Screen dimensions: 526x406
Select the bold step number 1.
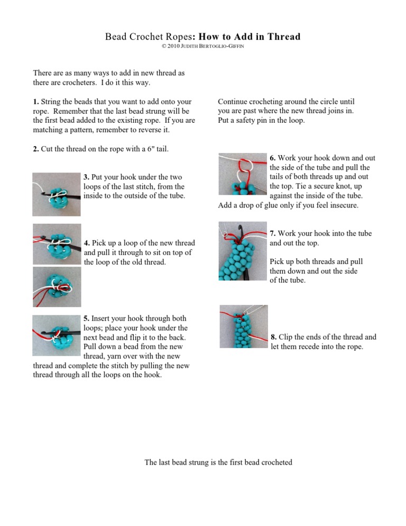tap(35, 101)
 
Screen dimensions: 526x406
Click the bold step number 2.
tap(35, 149)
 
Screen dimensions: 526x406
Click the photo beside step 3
tap(57, 194)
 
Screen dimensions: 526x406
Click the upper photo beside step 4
tap(57, 243)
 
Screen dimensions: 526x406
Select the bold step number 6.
tap(272, 158)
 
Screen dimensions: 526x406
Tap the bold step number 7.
tap(272, 233)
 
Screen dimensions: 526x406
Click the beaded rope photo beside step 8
tap(244, 326)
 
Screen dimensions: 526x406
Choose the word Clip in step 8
tap(287, 337)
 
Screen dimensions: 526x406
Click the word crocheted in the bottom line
tap(272, 462)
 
